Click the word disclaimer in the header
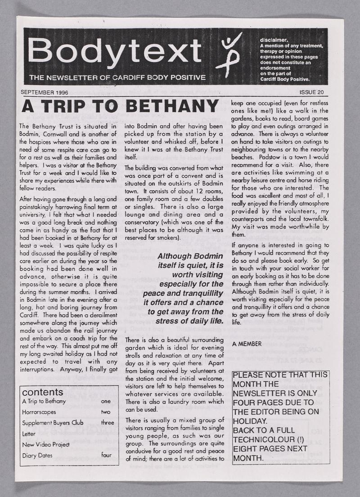pos(274,40)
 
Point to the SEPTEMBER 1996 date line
pos(45,92)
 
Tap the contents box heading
pos(43,392)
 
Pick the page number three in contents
pos(108,423)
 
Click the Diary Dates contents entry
pos(37,455)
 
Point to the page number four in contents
pos(106,455)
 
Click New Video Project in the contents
pos(45,444)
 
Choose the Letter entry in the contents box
pos(28,434)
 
